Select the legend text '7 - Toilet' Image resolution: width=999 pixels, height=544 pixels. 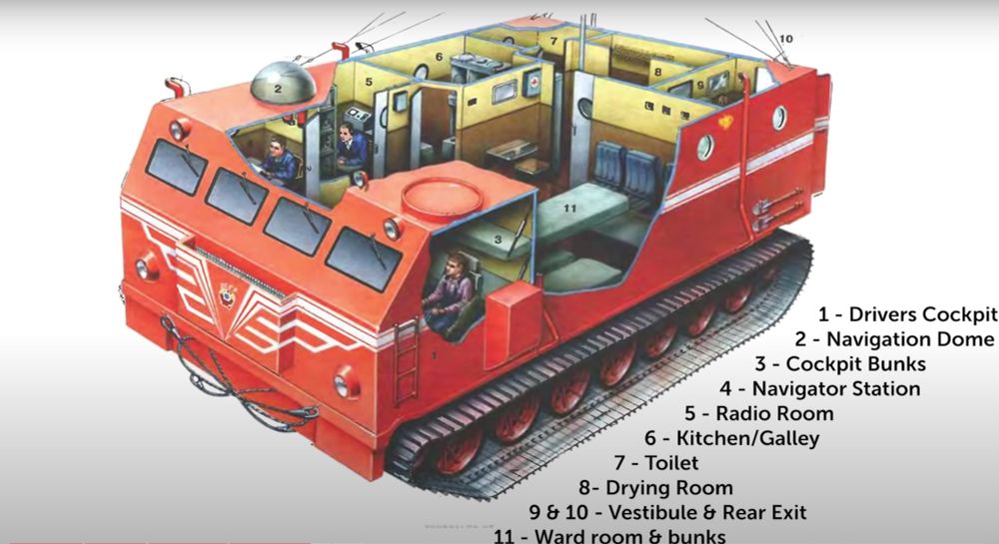[655, 462]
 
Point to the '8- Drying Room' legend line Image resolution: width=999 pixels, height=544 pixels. [655, 487]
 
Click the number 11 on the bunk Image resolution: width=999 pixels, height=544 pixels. [569, 208]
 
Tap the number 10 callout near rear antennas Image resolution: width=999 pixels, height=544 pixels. [785, 39]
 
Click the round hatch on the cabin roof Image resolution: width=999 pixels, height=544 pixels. [442, 193]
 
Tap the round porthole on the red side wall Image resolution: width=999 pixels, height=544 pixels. [705, 148]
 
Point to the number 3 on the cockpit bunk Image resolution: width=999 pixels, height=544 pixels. [497, 240]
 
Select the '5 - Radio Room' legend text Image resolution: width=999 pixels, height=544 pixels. [759, 412]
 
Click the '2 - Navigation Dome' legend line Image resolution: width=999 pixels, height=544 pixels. [895, 339]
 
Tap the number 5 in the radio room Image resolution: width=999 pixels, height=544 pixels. [368, 82]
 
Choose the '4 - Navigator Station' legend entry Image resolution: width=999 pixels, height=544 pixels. [820, 388]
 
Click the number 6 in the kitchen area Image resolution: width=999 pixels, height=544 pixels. [438, 57]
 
